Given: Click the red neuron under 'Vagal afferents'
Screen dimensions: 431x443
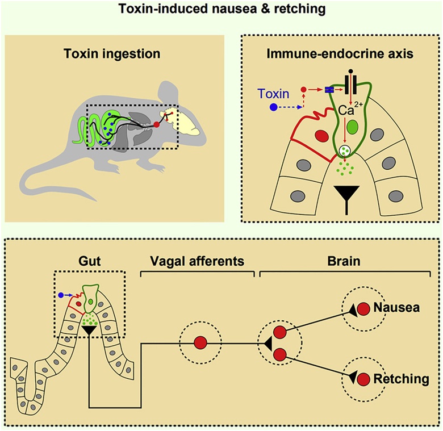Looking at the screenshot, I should (200, 343).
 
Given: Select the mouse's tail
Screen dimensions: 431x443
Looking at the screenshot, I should (51, 182).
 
